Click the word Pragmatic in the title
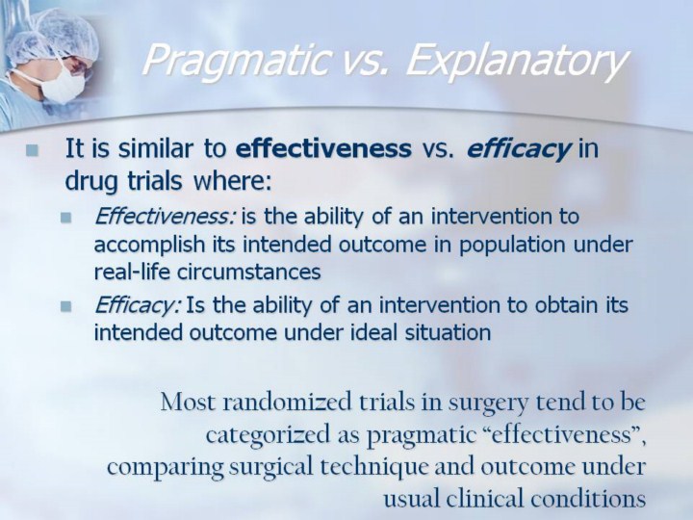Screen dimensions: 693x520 tap(238, 61)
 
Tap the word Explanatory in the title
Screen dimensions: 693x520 tap(516, 61)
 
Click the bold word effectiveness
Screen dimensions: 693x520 tap(323, 148)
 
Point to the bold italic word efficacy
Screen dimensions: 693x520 tap(518, 149)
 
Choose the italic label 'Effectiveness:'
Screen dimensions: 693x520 tap(165, 217)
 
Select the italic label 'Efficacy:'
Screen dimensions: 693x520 tap(138, 305)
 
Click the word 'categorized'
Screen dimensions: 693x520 tap(269, 435)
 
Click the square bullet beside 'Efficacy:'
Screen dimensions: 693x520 tap(66, 306)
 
